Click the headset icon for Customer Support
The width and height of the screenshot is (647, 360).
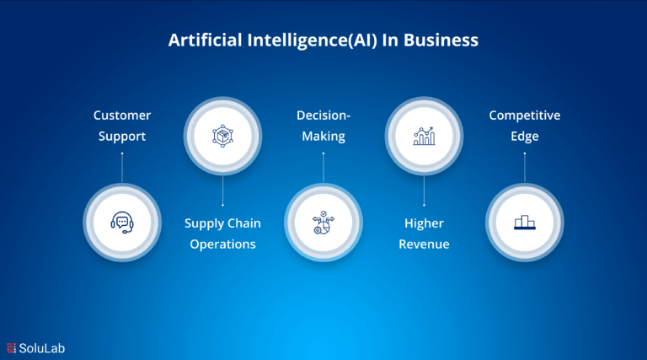pyautogui.click(x=122, y=223)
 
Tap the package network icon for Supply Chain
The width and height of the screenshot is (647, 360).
pyautogui.click(x=222, y=136)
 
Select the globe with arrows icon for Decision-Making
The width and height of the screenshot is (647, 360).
pyautogui.click(x=323, y=223)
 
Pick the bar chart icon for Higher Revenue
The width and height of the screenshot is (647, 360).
pyautogui.click(x=425, y=136)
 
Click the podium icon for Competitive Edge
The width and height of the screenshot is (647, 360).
pyautogui.click(x=525, y=223)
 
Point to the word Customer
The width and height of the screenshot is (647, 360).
pyautogui.click(x=122, y=116)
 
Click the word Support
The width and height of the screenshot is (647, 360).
pyautogui.click(x=122, y=137)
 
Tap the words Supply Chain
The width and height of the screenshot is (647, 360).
pyautogui.click(x=222, y=223)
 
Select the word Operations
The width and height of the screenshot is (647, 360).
pyautogui.click(x=222, y=244)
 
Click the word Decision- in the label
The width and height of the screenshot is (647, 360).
pyautogui.click(x=323, y=116)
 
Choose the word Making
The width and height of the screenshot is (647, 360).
pyautogui.click(x=323, y=137)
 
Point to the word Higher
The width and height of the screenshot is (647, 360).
pyautogui.click(x=425, y=223)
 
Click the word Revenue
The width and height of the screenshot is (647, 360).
pyautogui.click(x=425, y=244)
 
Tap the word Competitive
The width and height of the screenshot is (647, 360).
pyautogui.click(x=525, y=116)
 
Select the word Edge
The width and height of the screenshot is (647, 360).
pyautogui.click(x=525, y=137)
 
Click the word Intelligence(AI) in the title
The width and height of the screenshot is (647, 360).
pyautogui.click(x=313, y=40)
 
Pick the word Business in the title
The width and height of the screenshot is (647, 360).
pyautogui.click(x=441, y=40)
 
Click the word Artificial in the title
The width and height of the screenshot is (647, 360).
pyautogui.click(x=205, y=40)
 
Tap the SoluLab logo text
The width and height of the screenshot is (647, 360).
pyautogui.click(x=41, y=348)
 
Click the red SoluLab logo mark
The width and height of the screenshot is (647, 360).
pyautogui.click(x=12, y=348)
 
